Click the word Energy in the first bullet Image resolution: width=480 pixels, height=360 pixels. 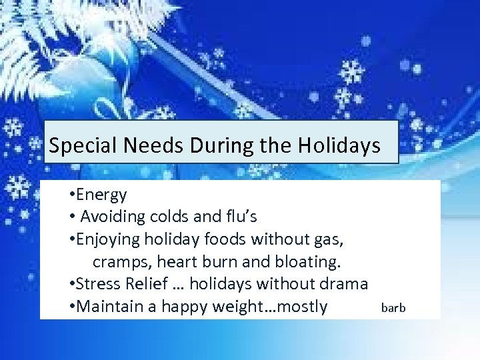point(101,195)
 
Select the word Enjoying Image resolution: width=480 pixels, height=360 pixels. point(110,239)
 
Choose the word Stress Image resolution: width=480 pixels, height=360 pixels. point(99,284)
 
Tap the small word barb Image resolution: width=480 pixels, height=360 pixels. point(393,307)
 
